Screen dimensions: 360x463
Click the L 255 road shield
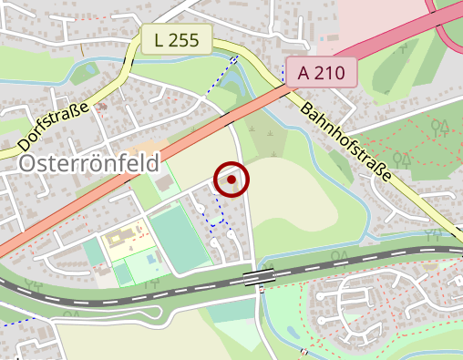(x=177, y=39)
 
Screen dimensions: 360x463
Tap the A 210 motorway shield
(x=320, y=71)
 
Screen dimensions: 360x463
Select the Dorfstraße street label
(x=53, y=126)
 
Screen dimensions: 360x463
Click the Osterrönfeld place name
(x=88, y=163)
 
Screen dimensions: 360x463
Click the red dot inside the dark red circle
(x=231, y=180)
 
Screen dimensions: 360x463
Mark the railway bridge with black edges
(x=260, y=275)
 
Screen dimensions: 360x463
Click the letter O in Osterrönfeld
(x=27, y=164)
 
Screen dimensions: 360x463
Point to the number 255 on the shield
(x=185, y=39)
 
